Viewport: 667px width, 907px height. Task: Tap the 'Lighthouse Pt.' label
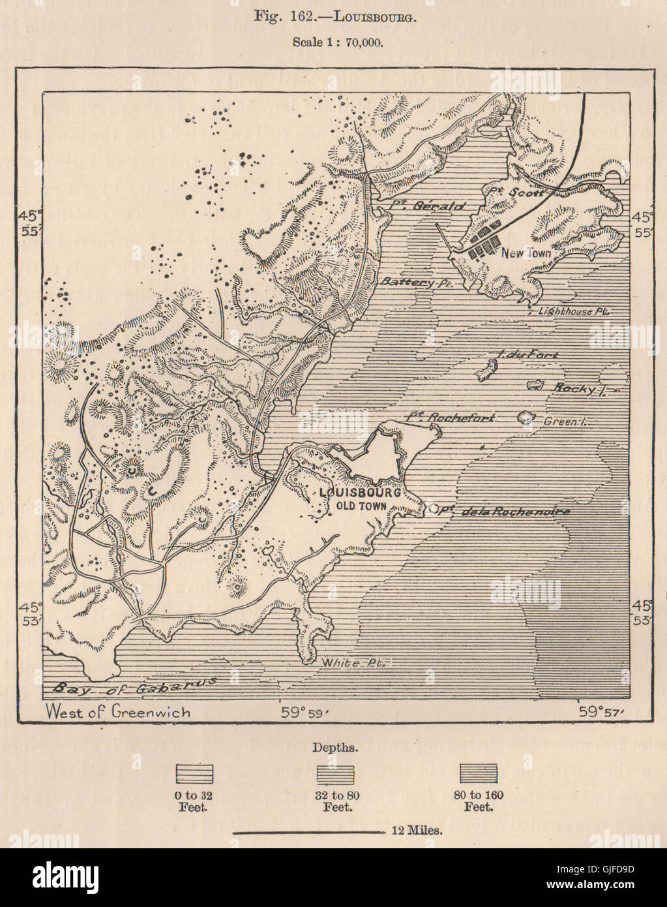point(573,311)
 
